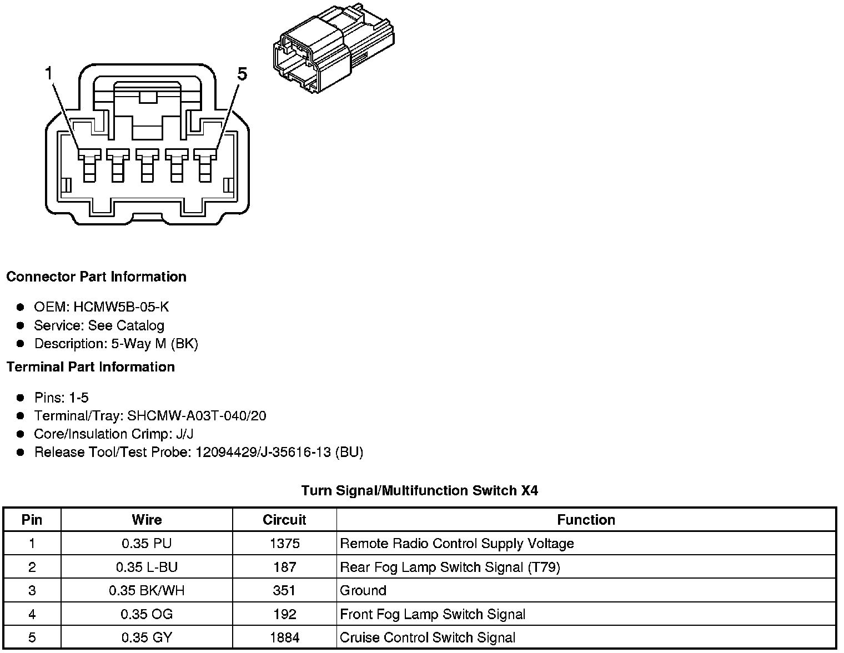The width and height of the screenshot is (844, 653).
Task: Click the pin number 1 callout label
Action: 49,73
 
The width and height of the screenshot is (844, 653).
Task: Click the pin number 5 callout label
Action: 242,74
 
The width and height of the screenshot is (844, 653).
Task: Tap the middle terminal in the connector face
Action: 147,164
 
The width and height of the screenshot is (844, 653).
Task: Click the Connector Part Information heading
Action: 96,277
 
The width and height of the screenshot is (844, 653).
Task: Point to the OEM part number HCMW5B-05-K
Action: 121,307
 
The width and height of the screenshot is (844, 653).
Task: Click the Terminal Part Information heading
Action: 91,367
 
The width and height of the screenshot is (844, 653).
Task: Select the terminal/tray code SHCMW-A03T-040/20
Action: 197,416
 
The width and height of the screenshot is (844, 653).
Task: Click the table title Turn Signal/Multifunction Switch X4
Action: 419,491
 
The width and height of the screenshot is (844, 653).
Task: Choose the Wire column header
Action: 147,520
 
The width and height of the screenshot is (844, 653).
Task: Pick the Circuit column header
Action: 284,520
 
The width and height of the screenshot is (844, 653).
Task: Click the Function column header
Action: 586,520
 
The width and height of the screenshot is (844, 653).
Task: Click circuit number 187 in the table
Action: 284,567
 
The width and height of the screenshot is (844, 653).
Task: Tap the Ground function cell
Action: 363,591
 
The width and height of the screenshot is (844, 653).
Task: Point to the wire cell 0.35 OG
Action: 147,614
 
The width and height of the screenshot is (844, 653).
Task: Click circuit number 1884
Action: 284,638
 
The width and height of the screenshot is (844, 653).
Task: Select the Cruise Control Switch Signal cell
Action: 428,638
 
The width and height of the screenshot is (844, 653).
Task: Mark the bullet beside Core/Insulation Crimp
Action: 21,434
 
